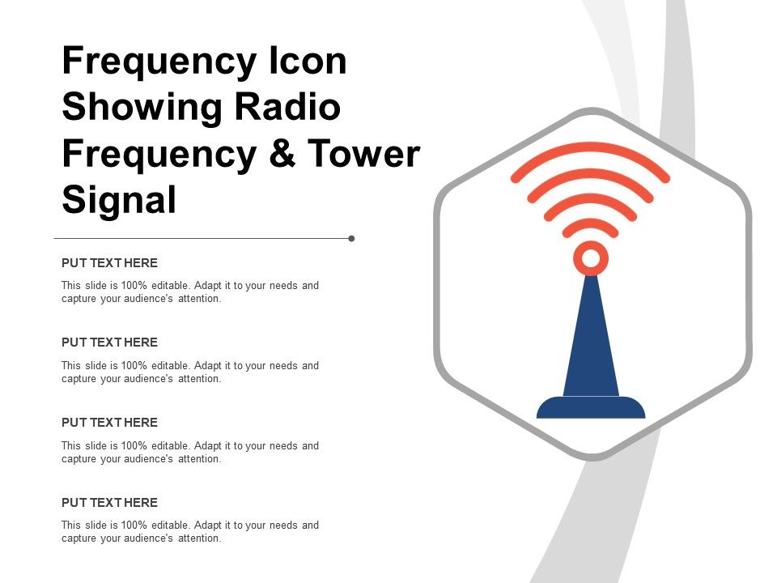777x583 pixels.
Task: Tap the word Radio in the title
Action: click(294, 108)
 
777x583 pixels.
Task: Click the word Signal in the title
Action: click(119, 199)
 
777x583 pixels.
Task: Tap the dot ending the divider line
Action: click(351, 239)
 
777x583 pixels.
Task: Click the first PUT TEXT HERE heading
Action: click(109, 263)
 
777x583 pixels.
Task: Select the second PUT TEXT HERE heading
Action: click(109, 343)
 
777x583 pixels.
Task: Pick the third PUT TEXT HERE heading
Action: click(109, 423)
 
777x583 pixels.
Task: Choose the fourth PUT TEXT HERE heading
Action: click(109, 503)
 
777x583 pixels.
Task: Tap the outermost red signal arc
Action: click(591, 148)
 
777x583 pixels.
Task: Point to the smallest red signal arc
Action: click(591, 223)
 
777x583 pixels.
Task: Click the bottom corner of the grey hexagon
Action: click(593, 457)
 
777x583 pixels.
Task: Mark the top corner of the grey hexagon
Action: click(593, 112)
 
